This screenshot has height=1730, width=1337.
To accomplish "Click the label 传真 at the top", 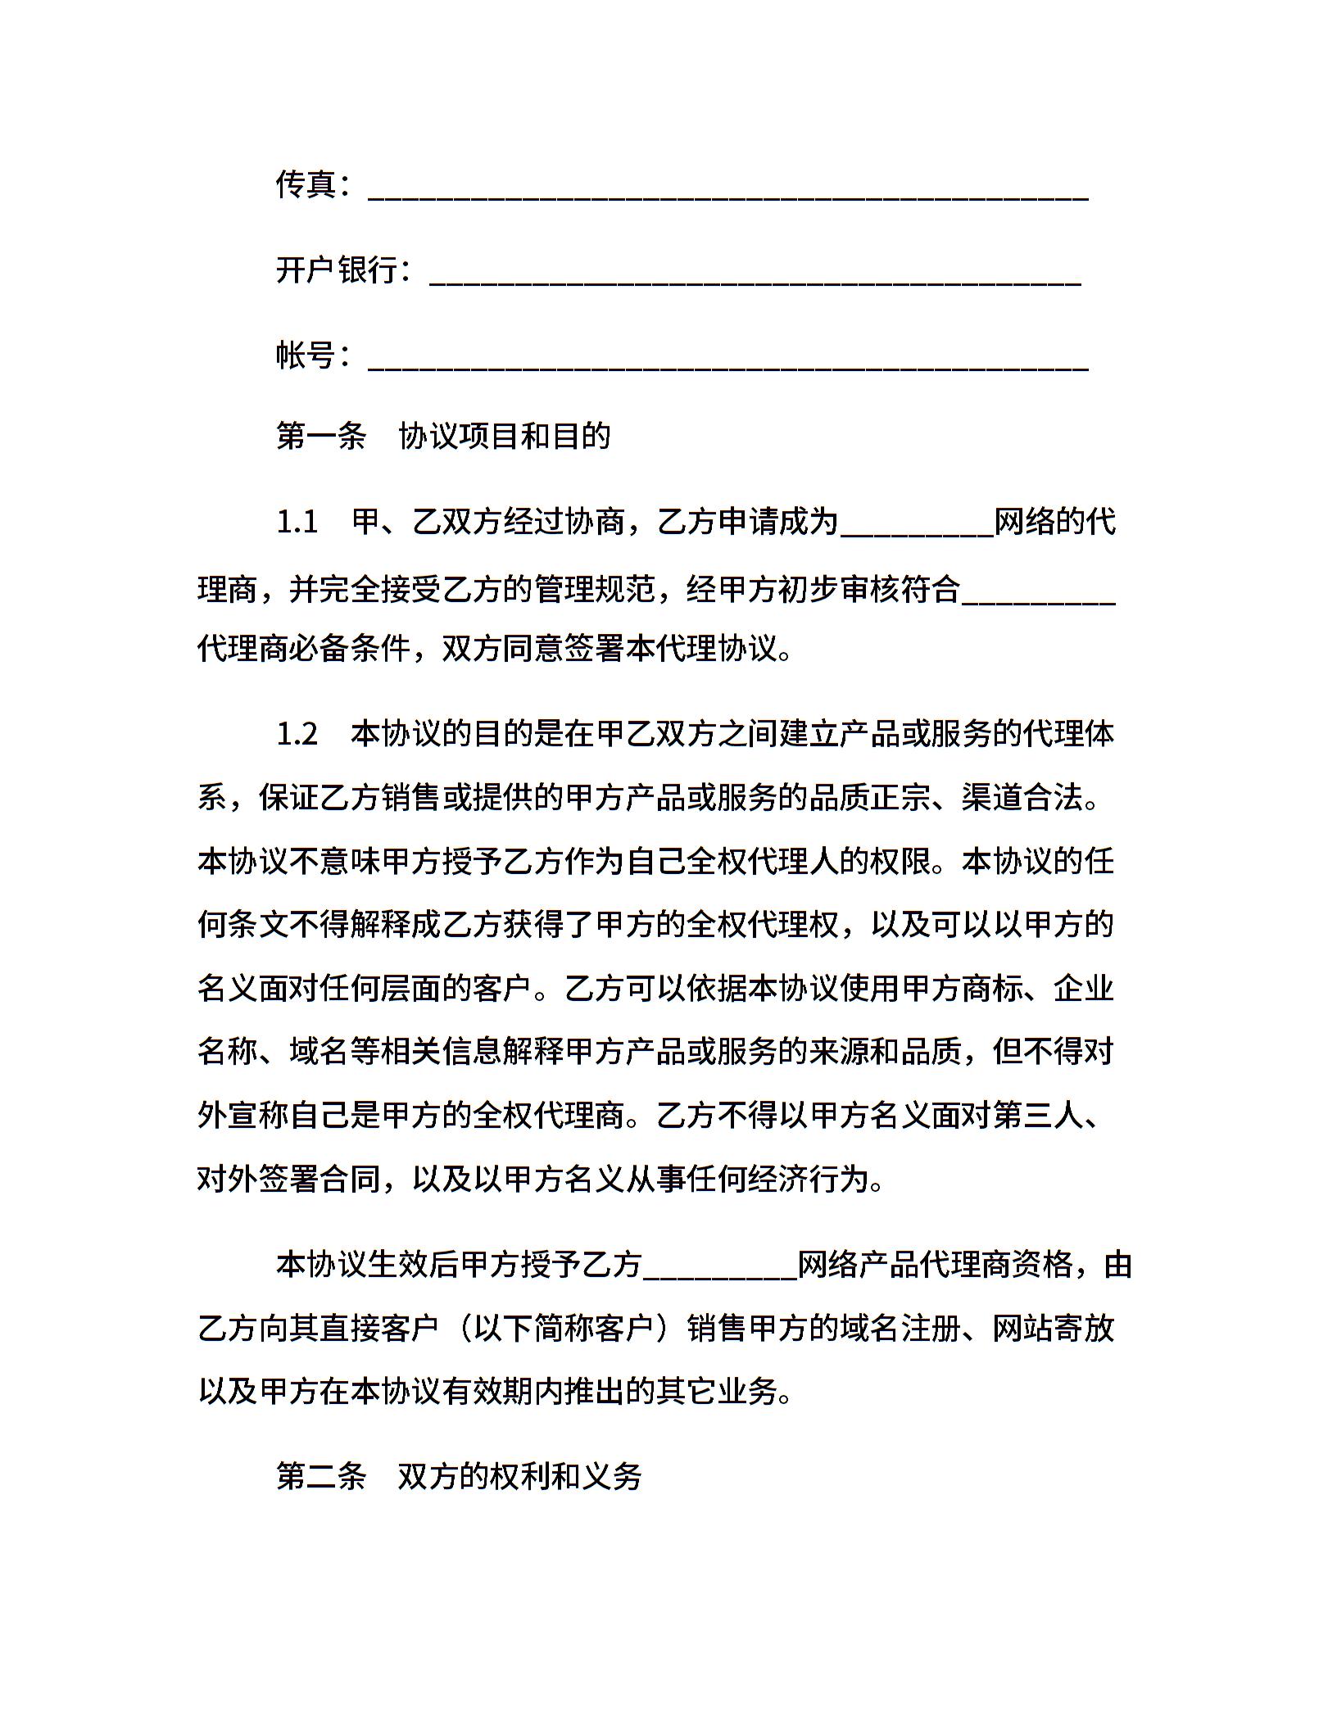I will pos(306,185).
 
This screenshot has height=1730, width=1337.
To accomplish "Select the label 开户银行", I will pos(337,270).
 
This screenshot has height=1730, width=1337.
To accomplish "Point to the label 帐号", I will pos(306,356).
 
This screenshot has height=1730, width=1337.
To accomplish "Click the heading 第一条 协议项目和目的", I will pos(443,436).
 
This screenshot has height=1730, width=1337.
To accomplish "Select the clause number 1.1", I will pos(297,522).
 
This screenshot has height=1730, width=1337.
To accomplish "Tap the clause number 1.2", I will pos(297,734).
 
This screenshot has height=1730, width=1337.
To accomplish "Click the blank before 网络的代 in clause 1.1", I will pos(917,531).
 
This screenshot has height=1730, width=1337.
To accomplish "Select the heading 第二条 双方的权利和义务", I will pos(459,1476).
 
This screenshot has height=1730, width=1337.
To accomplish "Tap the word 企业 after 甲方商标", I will pos(1083,988).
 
